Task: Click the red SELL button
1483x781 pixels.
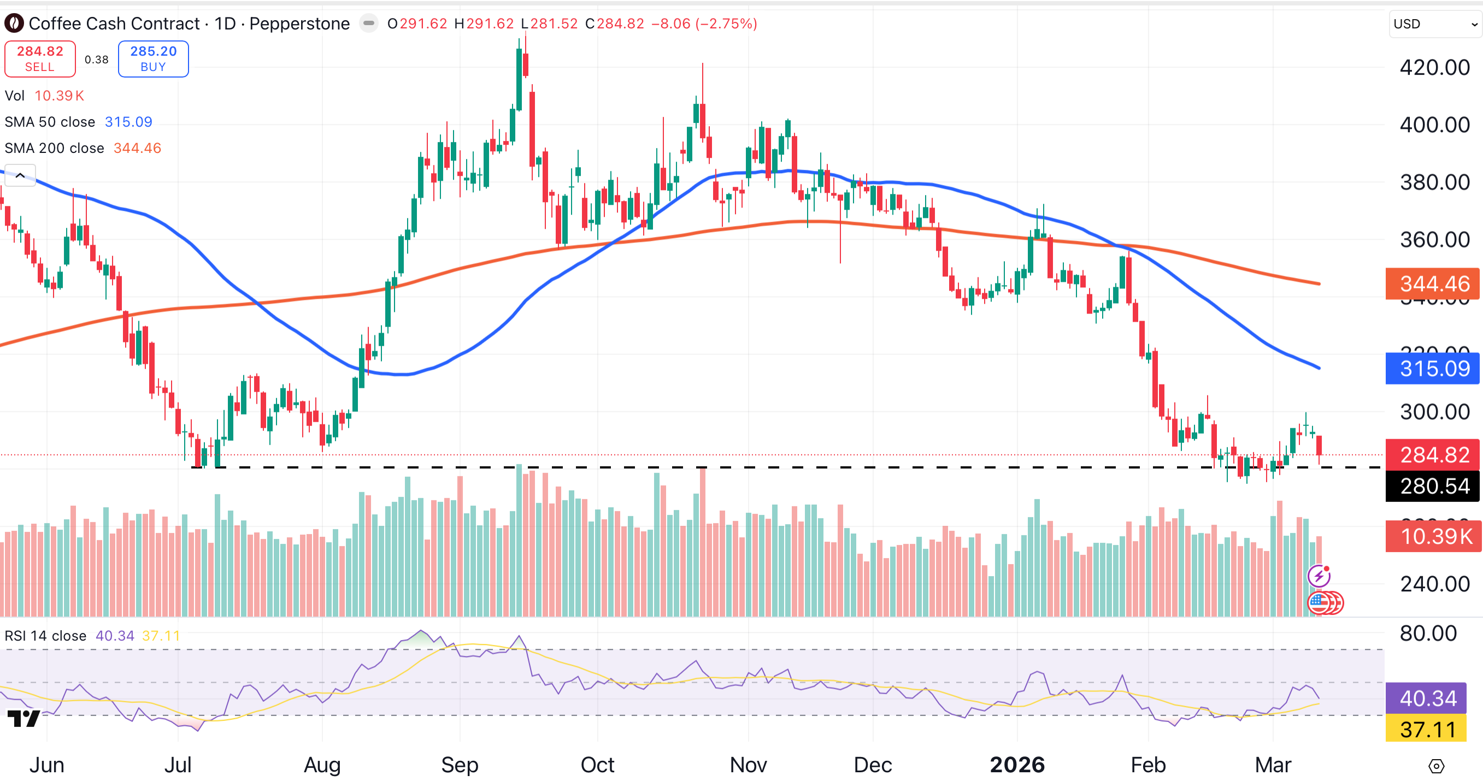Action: (x=40, y=58)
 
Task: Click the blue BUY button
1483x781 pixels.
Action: (x=153, y=58)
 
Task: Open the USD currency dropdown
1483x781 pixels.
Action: (x=1435, y=24)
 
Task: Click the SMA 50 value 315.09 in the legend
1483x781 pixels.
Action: (x=128, y=122)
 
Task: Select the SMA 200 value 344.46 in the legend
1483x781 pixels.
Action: (x=137, y=149)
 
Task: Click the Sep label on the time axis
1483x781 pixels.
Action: (x=460, y=765)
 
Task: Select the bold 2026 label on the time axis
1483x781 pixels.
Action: (x=1017, y=765)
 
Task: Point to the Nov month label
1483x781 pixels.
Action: (x=748, y=765)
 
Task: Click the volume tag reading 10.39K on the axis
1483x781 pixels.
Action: (x=1435, y=536)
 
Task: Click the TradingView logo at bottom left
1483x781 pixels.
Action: (x=23, y=718)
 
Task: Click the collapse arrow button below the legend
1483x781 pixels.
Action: (x=20, y=175)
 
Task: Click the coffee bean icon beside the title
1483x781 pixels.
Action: (x=14, y=23)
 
